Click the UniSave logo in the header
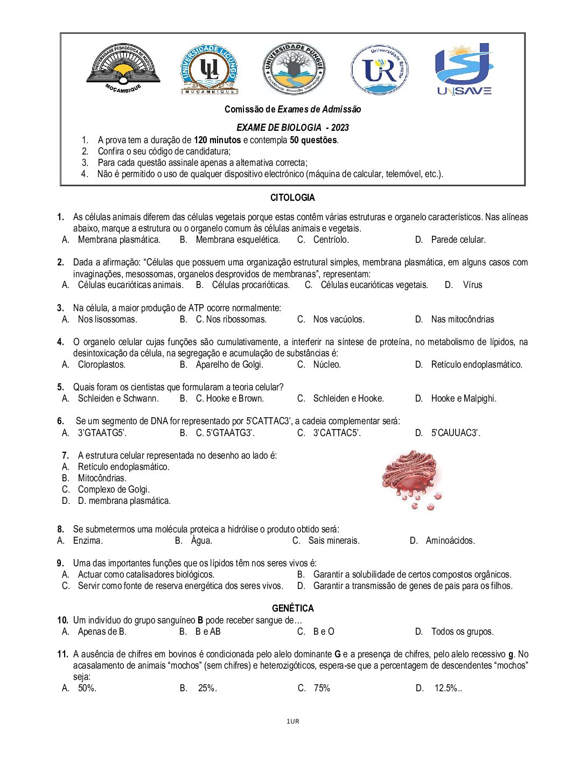click(463, 69)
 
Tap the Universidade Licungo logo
click(209, 69)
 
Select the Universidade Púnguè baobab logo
click(294, 69)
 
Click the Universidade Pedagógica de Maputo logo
click(123, 68)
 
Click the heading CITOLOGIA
click(292, 198)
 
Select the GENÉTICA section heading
click(292, 608)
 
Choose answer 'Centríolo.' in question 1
click(331, 240)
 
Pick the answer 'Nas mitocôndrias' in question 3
click(462, 319)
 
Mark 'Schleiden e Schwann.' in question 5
click(118, 398)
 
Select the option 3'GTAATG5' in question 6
click(102, 433)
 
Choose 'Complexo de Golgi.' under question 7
click(114, 489)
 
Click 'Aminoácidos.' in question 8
click(450, 541)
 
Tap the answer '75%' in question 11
click(322, 688)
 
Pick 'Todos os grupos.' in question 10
click(462, 631)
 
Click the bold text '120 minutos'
click(217, 140)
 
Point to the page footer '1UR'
click(292, 721)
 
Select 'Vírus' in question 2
click(472, 285)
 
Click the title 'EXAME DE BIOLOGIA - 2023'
click(292, 128)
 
